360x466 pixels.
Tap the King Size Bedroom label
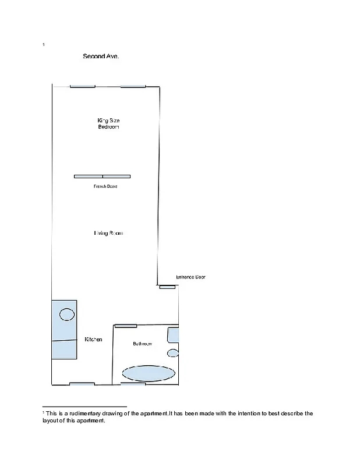(x=108, y=123)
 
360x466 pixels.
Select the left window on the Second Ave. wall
(x=82, y=86)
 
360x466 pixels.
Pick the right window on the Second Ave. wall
(x=133, y=86)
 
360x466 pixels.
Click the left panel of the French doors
(x=88, y=176)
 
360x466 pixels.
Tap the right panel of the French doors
(x=117, y=176)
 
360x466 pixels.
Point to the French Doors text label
(x=105, y=186)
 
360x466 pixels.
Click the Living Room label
(x=108, y=233)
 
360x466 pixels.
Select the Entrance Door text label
(x=190, y=277)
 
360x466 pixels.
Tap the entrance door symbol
(x=167, y=287)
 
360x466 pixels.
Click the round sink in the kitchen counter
(x=67, y=315)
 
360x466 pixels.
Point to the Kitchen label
(x=94, y=340)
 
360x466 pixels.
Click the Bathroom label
(x=142, y=344)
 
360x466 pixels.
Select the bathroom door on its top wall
(x=126, y=326)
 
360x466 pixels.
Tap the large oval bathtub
(x=148, y=373)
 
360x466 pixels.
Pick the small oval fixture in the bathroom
(x=173, y=353)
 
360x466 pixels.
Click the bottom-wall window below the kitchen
(x=82, y=384)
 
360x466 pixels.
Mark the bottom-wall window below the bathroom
(x=133, y=384)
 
